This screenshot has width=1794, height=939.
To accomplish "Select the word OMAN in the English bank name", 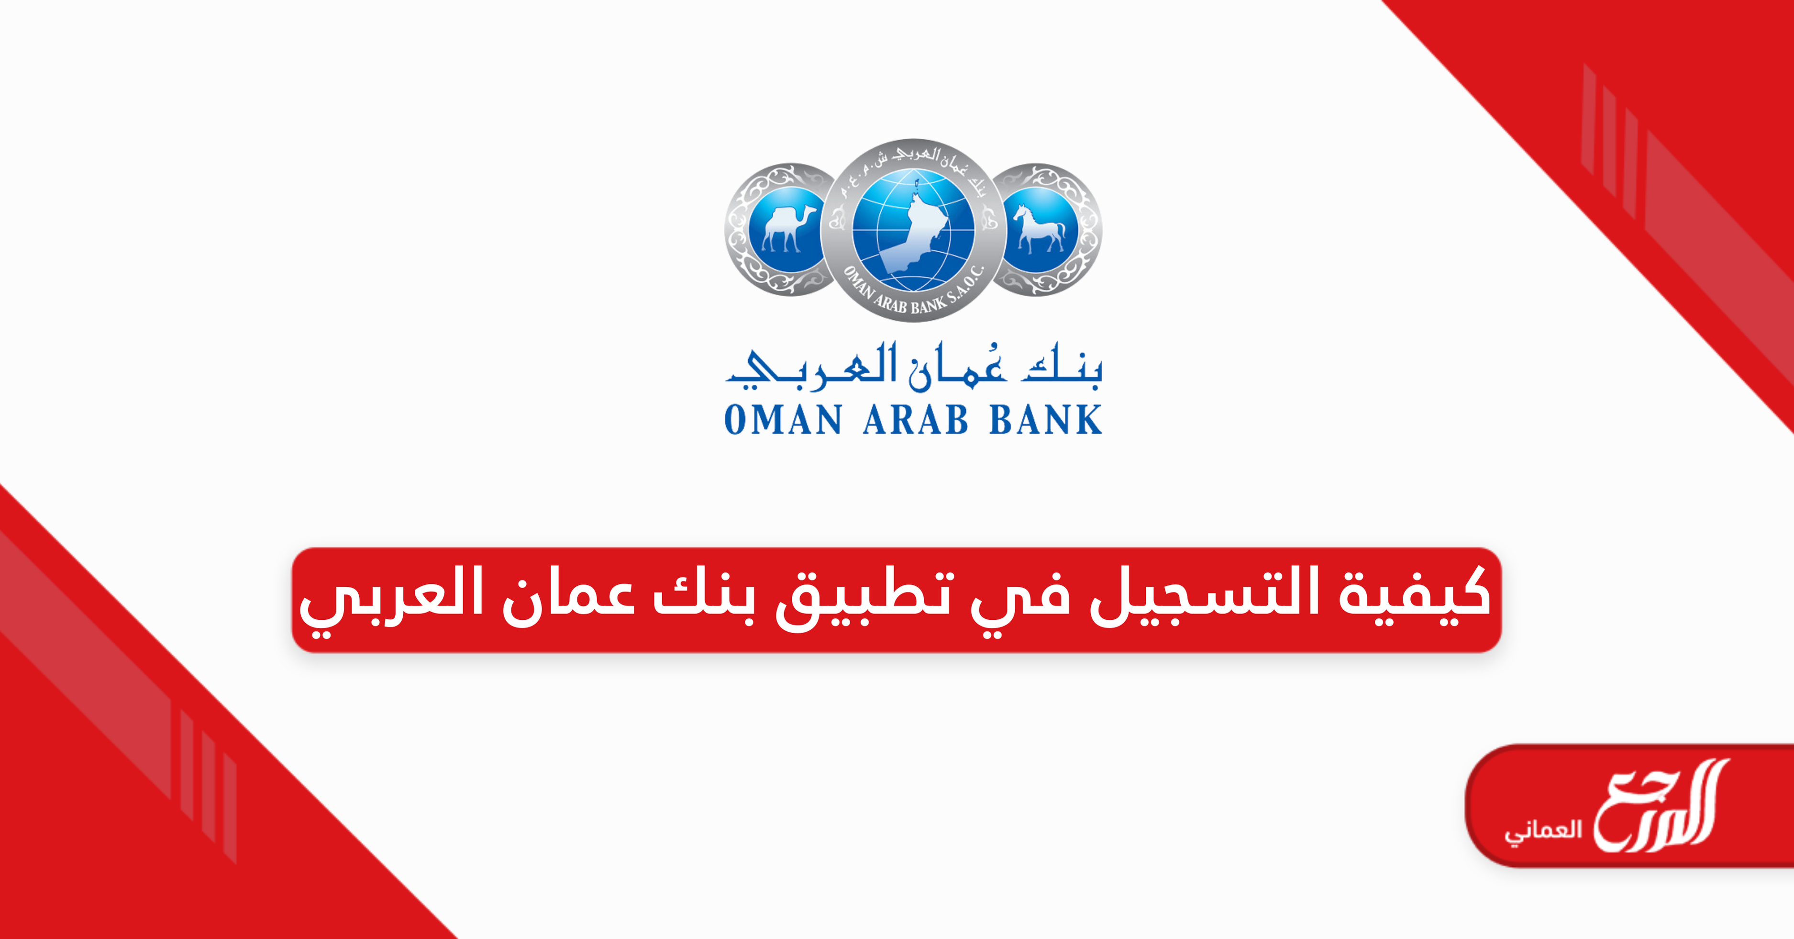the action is tap(784, 420).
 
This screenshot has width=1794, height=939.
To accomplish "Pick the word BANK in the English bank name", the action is tap(1045, 420).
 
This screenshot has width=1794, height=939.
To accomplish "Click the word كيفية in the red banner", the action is tap(1414, 593).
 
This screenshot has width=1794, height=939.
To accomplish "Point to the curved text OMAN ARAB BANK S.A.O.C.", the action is tap(914, 291).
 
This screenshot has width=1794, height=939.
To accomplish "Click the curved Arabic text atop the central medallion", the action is tap(914, 167).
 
